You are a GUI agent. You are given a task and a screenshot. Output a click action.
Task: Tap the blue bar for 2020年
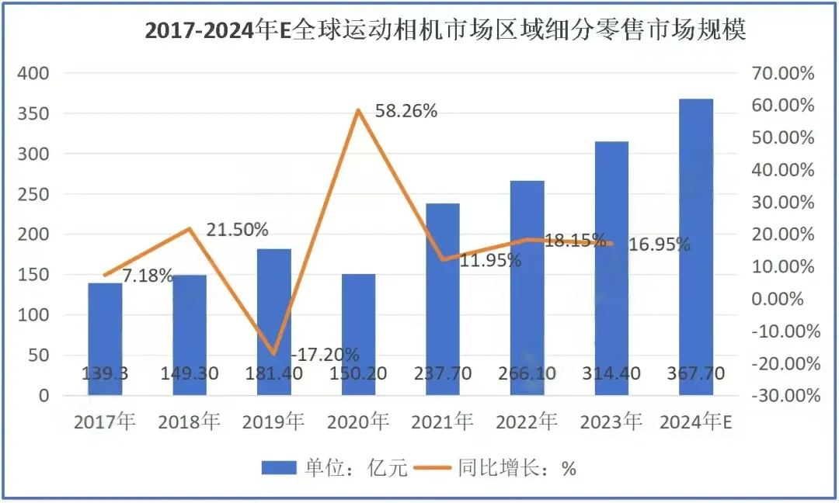pos(358,334)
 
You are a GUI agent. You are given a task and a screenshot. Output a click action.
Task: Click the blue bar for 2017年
pos(105,338)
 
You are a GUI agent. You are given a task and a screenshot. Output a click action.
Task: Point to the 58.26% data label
pos(406,111)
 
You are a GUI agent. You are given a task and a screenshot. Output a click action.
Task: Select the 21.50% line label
pos(238,230)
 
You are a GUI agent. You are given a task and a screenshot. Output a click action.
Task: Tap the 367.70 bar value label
pos(696,373)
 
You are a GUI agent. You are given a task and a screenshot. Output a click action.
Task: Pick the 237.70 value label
pos(442,373)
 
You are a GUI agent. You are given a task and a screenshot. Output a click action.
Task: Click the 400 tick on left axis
pos(34,74)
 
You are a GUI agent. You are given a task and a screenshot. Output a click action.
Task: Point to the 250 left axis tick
pos(34,195)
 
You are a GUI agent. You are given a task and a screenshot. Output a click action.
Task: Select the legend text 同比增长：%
pos(517,467)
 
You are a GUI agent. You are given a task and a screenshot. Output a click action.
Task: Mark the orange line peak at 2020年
pos(358,110)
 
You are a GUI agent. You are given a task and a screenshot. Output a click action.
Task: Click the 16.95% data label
pos(659,245)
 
